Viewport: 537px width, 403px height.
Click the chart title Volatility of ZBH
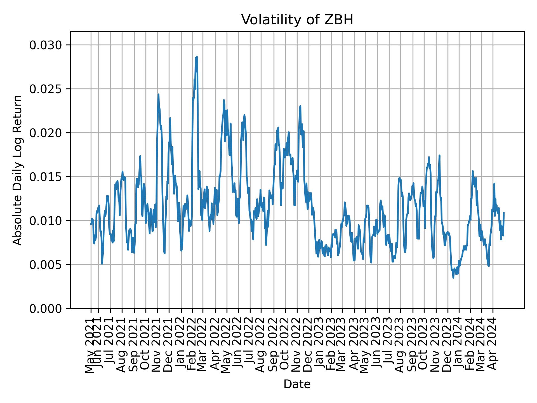tap(297, 20)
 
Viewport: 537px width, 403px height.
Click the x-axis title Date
tap(297, 384)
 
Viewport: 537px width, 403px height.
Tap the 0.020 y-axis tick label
tap(46, 133)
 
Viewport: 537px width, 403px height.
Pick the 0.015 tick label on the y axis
tap(46, 177)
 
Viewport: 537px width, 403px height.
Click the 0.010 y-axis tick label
tap(46, 221)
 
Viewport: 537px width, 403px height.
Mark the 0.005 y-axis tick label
tap(46, 264)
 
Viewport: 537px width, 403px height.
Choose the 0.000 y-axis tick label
tap(46, 308)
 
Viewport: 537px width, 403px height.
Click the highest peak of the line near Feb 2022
tap(197, 57)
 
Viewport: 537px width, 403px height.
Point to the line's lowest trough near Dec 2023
tap(453, 278)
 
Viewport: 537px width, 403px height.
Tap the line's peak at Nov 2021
tap(158, 94)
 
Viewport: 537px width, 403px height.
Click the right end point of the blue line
tap(504, 213)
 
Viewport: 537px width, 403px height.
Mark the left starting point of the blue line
tap(91, 224)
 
